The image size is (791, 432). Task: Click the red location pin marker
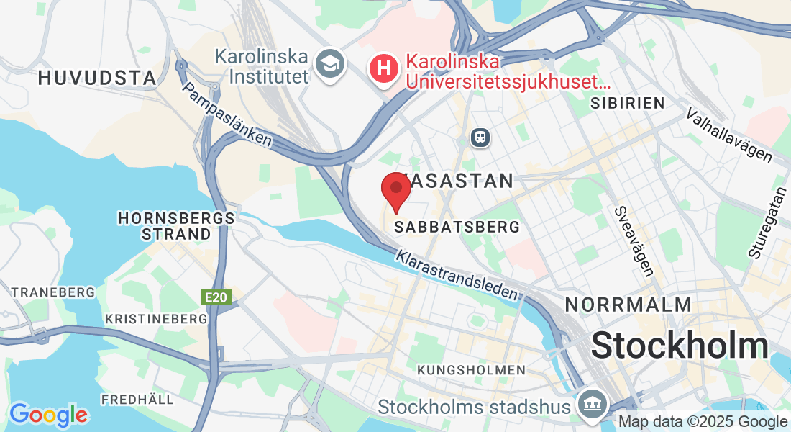(395, 190)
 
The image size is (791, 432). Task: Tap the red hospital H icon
(384, 69)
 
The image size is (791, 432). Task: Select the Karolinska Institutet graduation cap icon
(331, 64)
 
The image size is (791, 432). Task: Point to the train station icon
(480, 136)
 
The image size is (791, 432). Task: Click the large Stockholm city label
(680, 346)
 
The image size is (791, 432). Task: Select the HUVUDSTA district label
(97, 78)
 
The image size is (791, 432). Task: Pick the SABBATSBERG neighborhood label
(457, 227)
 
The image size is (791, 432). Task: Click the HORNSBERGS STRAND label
(176, 225)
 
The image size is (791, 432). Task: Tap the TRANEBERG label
(53, 292)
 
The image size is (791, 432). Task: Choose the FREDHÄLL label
(137, 399)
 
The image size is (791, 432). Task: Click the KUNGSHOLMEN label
(471, 370)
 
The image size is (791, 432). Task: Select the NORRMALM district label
(628, 304)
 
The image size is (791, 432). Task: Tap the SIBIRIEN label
(627, 103)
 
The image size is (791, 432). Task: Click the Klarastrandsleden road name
(457, 275)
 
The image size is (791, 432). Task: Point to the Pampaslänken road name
(228, 114)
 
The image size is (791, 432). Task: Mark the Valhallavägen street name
(729, 135)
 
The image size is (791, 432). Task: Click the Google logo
(48, 415)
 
